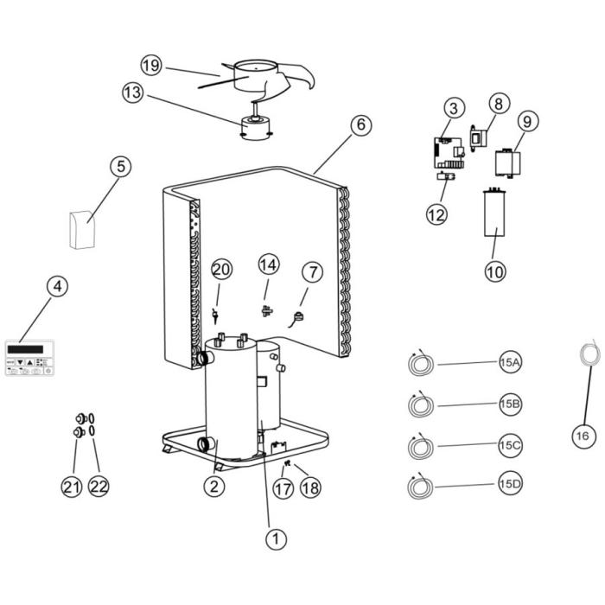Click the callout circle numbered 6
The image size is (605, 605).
[361, 124]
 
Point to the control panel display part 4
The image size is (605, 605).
[29, 359]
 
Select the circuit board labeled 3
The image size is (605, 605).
[448, 152]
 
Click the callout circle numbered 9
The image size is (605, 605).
[529, 121]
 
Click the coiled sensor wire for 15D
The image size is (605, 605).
[421, 487]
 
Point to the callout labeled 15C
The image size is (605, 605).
[510, 444]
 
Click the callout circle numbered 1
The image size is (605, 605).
[275, 539]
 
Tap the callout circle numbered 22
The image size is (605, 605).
[99, 487]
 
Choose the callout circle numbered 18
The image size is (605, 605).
[309, 487]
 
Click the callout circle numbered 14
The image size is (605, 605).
[268, 263]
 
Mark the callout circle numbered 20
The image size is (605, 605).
[221, 269]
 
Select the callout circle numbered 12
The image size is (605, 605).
[436, 213]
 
